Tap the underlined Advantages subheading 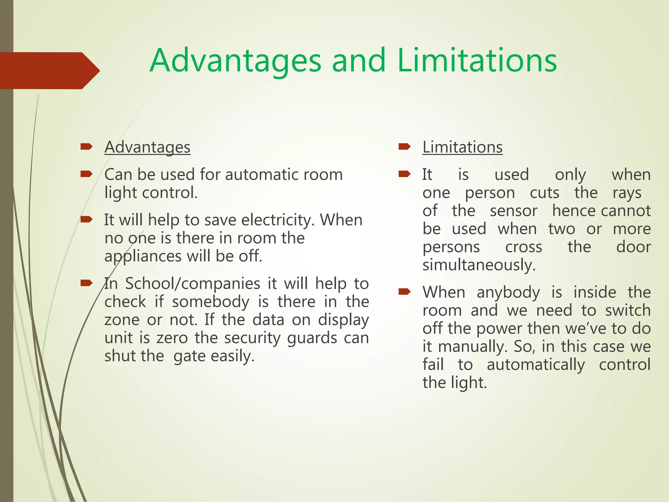147,147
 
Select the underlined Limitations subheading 462,147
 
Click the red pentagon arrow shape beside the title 49,71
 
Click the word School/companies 193,283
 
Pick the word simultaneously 479,265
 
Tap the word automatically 536,364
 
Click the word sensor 514,211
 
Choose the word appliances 143,256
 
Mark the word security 252,338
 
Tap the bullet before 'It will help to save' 86,219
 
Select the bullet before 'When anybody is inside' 404,292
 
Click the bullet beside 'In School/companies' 86,283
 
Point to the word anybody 508,292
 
